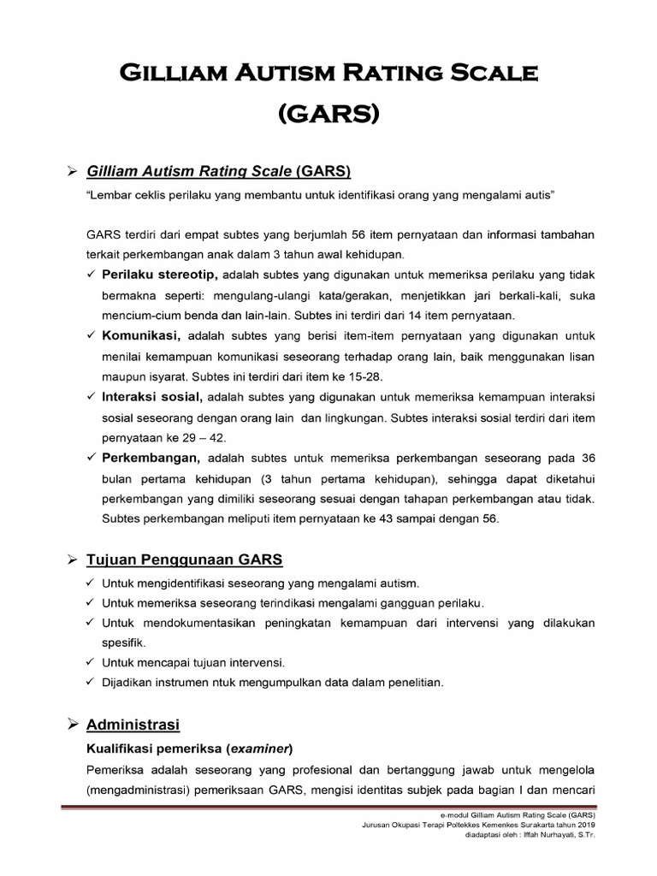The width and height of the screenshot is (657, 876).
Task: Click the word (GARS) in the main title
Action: (x=328, y=114)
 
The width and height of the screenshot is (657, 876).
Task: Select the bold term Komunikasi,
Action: (x=140, y=335)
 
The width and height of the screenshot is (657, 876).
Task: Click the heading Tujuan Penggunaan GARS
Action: (x=185, y=560)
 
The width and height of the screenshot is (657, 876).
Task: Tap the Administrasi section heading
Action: (x=133, y=725)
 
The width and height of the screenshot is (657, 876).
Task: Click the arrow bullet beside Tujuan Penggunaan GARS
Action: (x=73, y=560)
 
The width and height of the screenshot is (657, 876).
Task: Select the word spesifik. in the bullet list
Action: (x=124, y=642)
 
